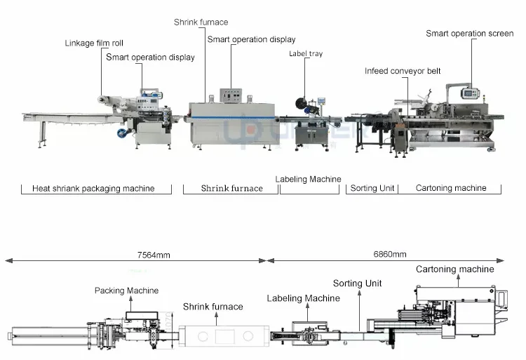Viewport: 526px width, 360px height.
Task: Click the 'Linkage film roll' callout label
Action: tap(94, 44)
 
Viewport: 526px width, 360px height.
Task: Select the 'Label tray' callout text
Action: tap(306, 54)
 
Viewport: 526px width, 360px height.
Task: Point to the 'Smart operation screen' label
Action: tap(469, 33)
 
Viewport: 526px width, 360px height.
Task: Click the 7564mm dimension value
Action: tap(154, 255)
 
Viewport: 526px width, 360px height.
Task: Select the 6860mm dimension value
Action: tap(389, 254)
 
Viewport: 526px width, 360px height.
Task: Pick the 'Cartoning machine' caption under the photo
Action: tap(451, 188)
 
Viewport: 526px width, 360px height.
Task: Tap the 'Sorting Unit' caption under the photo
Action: tap(373, 188)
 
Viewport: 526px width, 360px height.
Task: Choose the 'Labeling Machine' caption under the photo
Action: tap(308, 179)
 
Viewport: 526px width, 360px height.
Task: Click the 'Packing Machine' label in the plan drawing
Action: tap(127, 291)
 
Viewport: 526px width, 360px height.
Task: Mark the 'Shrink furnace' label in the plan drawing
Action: tap(213, 307)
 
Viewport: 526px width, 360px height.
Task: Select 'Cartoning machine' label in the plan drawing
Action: tap(454, 269)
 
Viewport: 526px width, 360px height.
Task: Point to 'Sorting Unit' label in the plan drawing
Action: tap(357, 284)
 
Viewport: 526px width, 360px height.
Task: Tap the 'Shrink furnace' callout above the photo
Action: tap(201, 22)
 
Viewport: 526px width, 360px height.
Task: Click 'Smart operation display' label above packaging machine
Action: tap(150, 58)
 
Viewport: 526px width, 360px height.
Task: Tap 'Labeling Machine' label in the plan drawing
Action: tap(304, 298)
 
